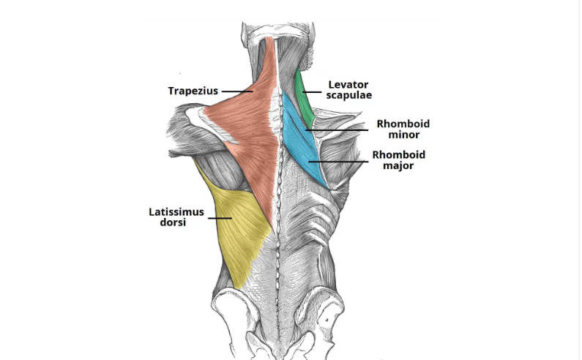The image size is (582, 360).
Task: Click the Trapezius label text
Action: (x=193, y=91)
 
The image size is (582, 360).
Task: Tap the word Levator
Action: (x=348, y=85)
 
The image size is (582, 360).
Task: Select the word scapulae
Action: (x=349, y=95)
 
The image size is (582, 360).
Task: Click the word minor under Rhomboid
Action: (x=404, y=135)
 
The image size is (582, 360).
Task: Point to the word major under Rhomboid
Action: (x=398, y=165)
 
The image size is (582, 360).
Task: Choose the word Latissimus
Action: (x=176, y=212)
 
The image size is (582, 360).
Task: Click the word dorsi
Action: (x=173, y=222)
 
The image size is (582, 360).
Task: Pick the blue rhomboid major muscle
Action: (x=308, y=156)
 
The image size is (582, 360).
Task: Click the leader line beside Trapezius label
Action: (x=237, y=91)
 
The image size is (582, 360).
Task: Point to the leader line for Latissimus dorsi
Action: (x=220, y=218)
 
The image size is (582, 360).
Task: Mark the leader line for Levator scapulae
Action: (x=312, y=92)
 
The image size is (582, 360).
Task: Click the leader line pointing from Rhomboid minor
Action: (x=337, y=130)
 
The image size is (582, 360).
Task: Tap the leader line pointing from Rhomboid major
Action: (x=338, y=162)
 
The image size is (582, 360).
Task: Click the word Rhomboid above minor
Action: (x=403, y=124)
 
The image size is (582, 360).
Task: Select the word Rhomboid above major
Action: (x=399, y=154)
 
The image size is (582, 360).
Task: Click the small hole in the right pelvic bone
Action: (x=327, y=320)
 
